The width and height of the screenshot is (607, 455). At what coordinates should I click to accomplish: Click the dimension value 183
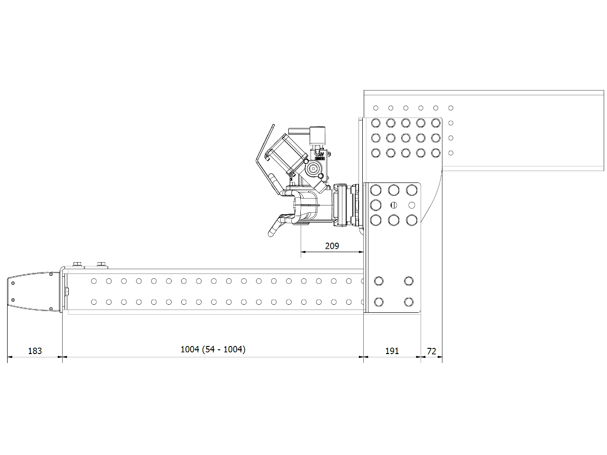tap(35, 351)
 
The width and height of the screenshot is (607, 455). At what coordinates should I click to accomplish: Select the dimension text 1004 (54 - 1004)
tap(213, 349)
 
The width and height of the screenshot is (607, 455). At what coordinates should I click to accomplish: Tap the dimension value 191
tap(392, 351)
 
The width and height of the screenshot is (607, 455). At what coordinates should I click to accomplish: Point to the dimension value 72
tap(432, 351)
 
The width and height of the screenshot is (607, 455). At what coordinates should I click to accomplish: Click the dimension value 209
tap(332, 246)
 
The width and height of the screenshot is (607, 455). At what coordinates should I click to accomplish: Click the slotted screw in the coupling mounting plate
tap(394, 205)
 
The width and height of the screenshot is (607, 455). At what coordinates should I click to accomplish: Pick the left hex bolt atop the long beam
tap(77, 265)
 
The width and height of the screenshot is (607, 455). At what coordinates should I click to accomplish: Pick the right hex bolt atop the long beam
tap(101, 265)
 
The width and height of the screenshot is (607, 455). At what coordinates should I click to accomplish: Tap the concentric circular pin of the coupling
tap(313, 168)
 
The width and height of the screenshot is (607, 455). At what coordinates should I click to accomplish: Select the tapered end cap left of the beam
tap(34, 291)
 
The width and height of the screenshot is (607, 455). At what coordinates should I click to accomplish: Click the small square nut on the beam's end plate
tap(67, 291)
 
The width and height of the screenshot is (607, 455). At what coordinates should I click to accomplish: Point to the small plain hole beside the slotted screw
tap(412, 205)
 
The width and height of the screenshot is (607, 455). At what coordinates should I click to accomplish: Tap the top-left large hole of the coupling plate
tap(376, 190)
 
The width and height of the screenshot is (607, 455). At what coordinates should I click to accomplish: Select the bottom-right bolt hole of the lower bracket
tap(408, 302)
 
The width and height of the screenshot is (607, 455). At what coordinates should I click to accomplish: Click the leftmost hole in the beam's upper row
tap(94, 281)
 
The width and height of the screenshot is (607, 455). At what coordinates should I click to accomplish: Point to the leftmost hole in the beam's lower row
tap(94, 302)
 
